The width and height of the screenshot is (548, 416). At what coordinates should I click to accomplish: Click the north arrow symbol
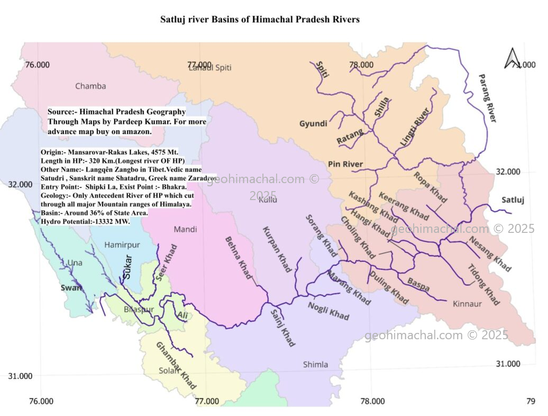(x=512, y=58)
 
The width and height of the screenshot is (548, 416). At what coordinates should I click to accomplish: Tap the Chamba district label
(x=90, y=86)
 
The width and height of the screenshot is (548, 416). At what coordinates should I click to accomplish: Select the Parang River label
(x=487, y=98)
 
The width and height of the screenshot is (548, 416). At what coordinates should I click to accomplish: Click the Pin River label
(x=345, y=164)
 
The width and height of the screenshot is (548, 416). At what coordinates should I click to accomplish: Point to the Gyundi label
(x=313, y=124)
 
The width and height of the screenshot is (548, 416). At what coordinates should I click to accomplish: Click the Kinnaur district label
(x=467, y=304)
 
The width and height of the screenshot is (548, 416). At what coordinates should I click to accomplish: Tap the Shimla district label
(x=315, y=364)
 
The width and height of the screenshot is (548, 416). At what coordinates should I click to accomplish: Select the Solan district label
(x=169, y=370)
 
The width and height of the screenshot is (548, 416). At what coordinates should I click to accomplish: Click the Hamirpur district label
(x=122, y=245)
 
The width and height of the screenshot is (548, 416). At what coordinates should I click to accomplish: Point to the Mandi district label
(x=185, y=229)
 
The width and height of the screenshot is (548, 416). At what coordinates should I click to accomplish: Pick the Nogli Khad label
(x=328, y=310)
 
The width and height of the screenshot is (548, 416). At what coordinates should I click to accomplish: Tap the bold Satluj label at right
(x=513, y=200)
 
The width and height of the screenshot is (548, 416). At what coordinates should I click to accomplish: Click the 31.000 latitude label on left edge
(x=21, y=376)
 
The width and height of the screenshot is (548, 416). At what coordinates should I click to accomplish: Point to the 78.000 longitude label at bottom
(x=372, y=401)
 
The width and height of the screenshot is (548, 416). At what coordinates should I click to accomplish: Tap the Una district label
(x=75, y=263)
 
